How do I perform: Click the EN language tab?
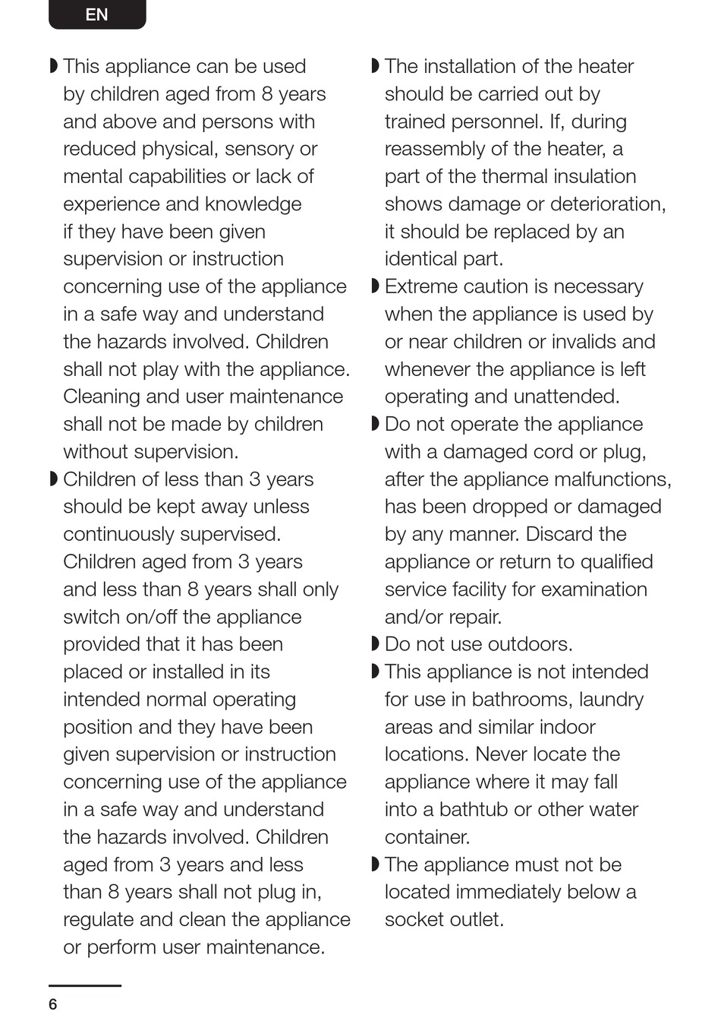tap(97, 14)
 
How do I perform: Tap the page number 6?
tap(52, 1004)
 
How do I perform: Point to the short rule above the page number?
tap(85, 985)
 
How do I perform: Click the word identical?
tap(424, 259)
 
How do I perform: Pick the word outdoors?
tap(528, 644)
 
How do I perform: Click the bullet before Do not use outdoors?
tap(375, 644)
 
